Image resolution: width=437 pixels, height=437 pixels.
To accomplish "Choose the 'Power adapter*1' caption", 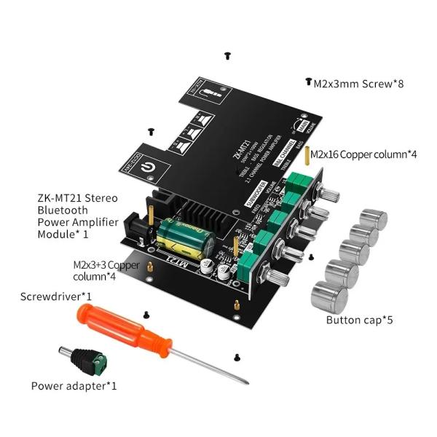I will point(74,385).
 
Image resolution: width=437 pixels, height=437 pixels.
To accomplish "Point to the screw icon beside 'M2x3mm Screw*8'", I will point(308,83).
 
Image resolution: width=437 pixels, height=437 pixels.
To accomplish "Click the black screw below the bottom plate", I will point(237,356).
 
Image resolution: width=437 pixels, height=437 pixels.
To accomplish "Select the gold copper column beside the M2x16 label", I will point(305,156).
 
